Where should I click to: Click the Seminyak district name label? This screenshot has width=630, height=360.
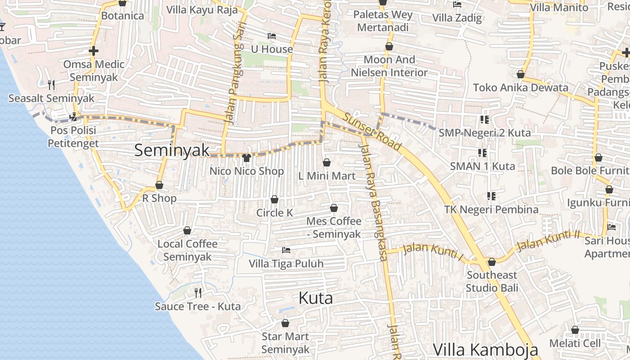point(172,150)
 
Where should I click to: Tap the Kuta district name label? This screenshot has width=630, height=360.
point(316,298)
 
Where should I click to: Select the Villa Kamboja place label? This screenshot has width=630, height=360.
point(486,350)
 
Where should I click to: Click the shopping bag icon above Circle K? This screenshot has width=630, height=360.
point(274,199)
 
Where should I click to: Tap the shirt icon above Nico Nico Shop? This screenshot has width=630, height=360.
point(246,158)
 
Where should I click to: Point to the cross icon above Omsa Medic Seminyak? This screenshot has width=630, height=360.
point(94,51)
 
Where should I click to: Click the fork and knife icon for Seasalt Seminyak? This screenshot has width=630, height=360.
point(51,85)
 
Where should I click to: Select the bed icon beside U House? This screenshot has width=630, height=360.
point(271,36)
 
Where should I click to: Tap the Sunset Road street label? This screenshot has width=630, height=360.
point(372,131)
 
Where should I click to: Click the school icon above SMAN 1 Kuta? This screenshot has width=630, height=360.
point(482,153)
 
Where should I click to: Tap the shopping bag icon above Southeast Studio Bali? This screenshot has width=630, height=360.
point(492,262)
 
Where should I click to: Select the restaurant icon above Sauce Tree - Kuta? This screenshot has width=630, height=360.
point(198,293)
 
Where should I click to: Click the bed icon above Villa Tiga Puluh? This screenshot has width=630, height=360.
point(286,250)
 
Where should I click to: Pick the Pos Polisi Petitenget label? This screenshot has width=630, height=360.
point(73,137)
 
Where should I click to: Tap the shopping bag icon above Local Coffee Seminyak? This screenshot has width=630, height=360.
point(187,230)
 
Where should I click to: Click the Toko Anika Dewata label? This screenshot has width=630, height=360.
point(521,88)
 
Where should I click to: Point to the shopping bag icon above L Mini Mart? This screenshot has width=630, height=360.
point(327,162)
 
